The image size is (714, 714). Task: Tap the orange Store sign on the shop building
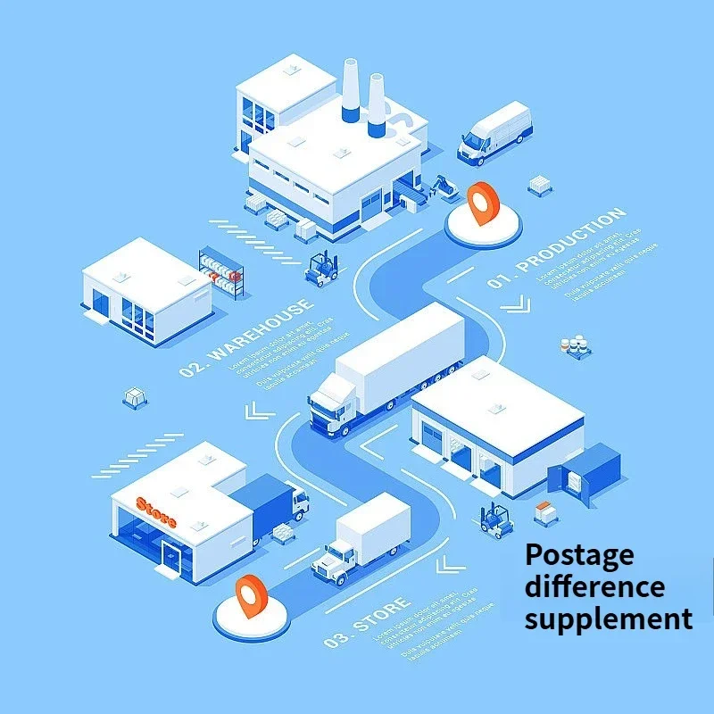point(156,511)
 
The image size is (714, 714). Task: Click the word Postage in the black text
point(579,555)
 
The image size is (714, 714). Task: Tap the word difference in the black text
point(594,586)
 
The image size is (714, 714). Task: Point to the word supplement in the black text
point(608,618)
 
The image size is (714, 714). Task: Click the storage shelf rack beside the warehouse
point(221,271)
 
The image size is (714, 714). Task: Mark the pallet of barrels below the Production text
point(575,346)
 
